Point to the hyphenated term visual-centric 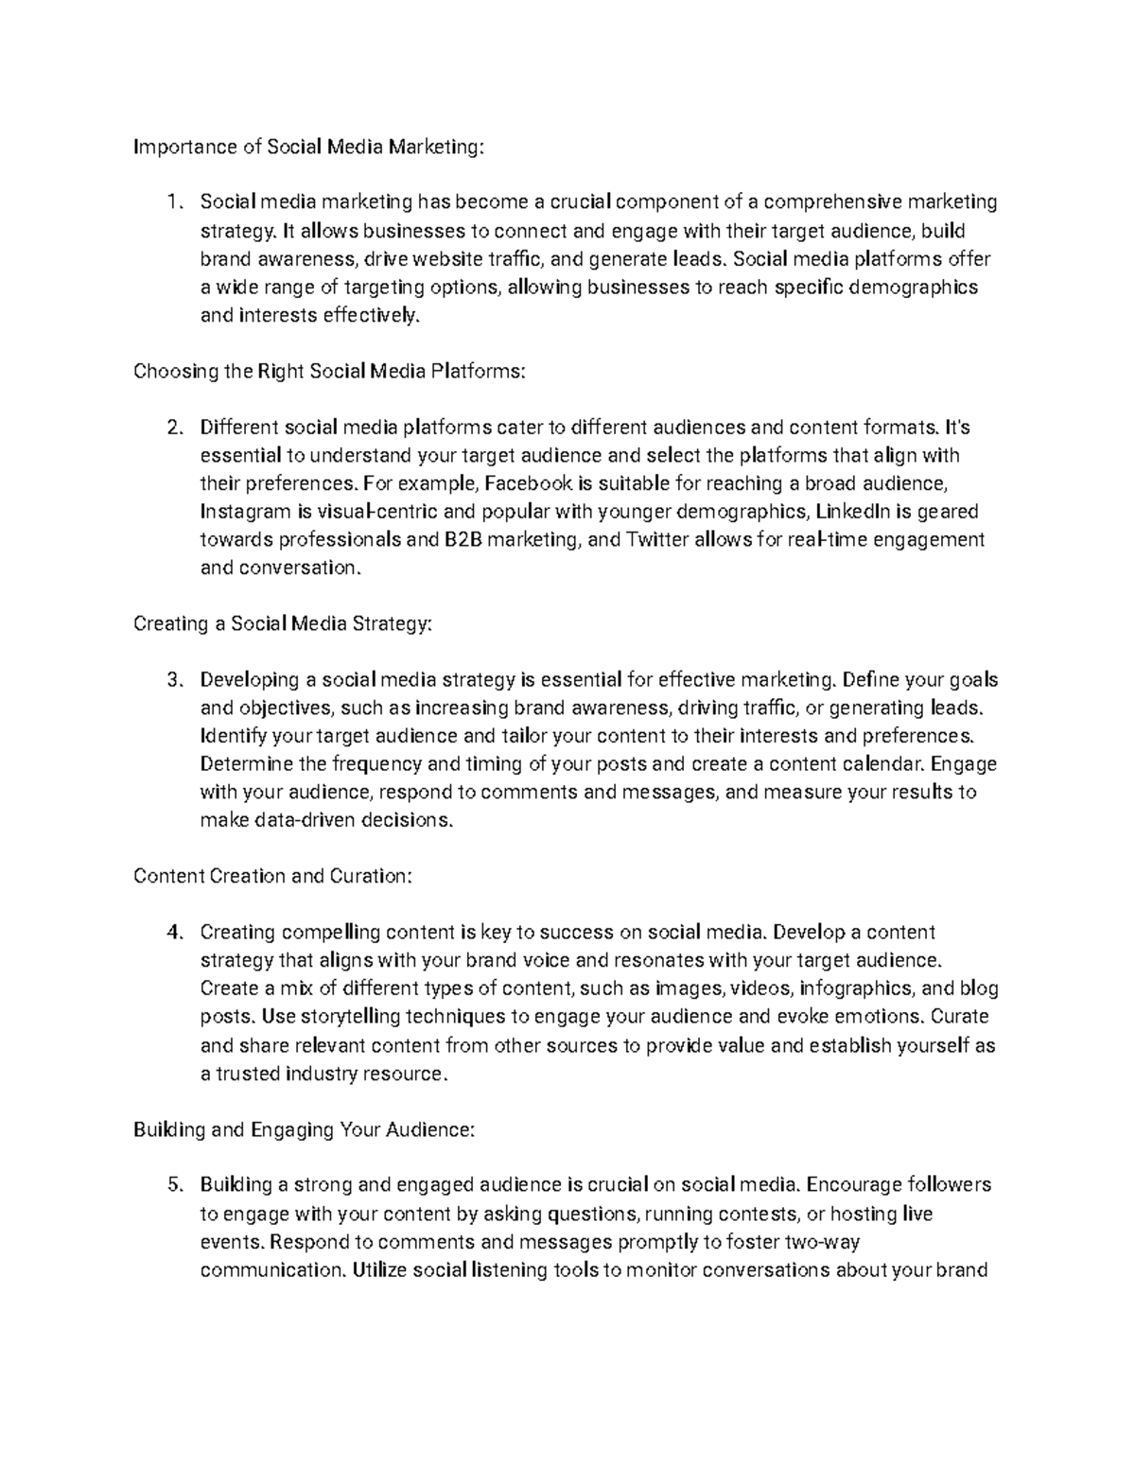tap(377, 512)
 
